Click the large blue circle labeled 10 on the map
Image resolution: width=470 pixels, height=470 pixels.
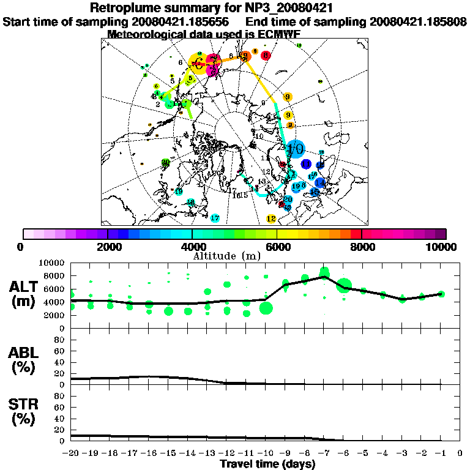pyautogui.click(x=296, y=148)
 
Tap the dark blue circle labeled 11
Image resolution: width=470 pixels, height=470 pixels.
pyautogui.click(x=307, y=163)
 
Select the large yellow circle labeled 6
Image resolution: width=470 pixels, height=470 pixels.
pyautogui.click(x=198, y=61)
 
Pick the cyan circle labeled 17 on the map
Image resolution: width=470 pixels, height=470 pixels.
pyautogui.click(x=215, y=218)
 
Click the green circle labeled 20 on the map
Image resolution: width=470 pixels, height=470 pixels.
pyautogui.click(x=165, y=162)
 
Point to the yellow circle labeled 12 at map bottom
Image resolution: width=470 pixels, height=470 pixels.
pyautogui.click(x=272, y=218)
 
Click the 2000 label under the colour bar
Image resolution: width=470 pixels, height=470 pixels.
pyautogui.click(x=107, y=247)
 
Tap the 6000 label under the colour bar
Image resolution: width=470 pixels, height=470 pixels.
pyautogui.click(x=277, y=247)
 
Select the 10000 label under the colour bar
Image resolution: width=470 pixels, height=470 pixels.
pyautogui.click(x=442, y=247)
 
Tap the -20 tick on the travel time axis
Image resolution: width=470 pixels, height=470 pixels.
pyautogui.click(x=72, y=453)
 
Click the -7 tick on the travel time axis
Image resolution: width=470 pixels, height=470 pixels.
pyautogui.click(x=324, y=453)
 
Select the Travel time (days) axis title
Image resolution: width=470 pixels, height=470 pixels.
pyautogui.click(x=267, y=464)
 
